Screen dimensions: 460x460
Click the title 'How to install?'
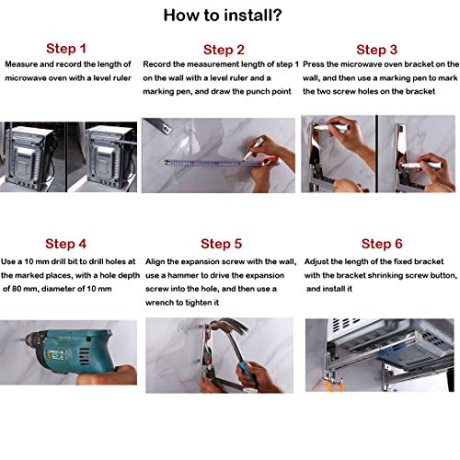tap(223, 16)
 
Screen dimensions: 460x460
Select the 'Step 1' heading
tap(66, 49)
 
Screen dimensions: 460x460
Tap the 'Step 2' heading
tap(224, 50)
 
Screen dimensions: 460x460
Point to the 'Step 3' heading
tap(377, 50)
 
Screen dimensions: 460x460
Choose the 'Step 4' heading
tap(65, 244)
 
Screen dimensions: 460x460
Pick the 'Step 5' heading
tap(222, 244)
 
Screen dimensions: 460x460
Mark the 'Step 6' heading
tap(382, 244)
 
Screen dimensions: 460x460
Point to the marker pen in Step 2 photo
tap(254, 148)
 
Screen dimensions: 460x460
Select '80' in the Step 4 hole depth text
tap(16, 289)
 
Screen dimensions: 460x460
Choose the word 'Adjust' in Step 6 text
tap(316, 262)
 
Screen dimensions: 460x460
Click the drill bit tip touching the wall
tap(20, 339)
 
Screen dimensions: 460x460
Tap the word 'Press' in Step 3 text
tap(314, 64)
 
